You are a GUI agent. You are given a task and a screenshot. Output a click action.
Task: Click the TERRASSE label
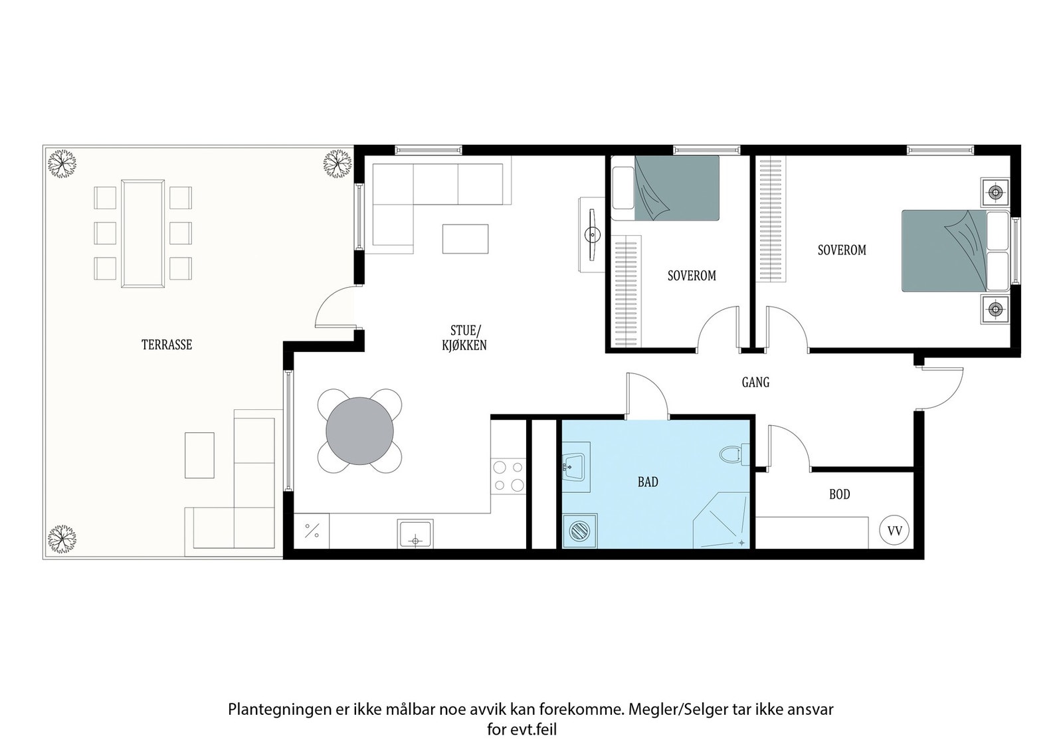pos(167,345)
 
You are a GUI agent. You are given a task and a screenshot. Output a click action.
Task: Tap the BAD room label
pos(648,482)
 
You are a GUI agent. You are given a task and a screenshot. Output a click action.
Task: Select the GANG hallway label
pos(755,382)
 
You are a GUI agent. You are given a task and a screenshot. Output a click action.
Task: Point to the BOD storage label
pos(840,494)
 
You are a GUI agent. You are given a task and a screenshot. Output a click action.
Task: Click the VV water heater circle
pos(894,531)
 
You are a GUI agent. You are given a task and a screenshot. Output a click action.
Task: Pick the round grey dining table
pos(359,430)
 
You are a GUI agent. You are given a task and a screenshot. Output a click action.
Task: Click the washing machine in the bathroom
pos(579,531)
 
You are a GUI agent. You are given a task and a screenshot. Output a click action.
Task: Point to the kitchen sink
pos(415,533)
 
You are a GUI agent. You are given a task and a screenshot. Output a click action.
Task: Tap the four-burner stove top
pos(508,476)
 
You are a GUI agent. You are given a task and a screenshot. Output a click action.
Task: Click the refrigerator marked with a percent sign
pos(312,531)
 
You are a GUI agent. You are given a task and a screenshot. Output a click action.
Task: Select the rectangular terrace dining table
pos(143,233)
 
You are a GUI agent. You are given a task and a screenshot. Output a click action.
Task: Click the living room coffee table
pos(466,238)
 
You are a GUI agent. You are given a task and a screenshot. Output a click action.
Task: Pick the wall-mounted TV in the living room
pos(591,235)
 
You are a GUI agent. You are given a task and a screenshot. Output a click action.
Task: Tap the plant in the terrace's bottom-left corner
pos(62,539)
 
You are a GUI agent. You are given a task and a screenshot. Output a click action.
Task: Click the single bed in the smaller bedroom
pos(665,188)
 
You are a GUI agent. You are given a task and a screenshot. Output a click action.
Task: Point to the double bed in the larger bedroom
pos(955,250)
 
